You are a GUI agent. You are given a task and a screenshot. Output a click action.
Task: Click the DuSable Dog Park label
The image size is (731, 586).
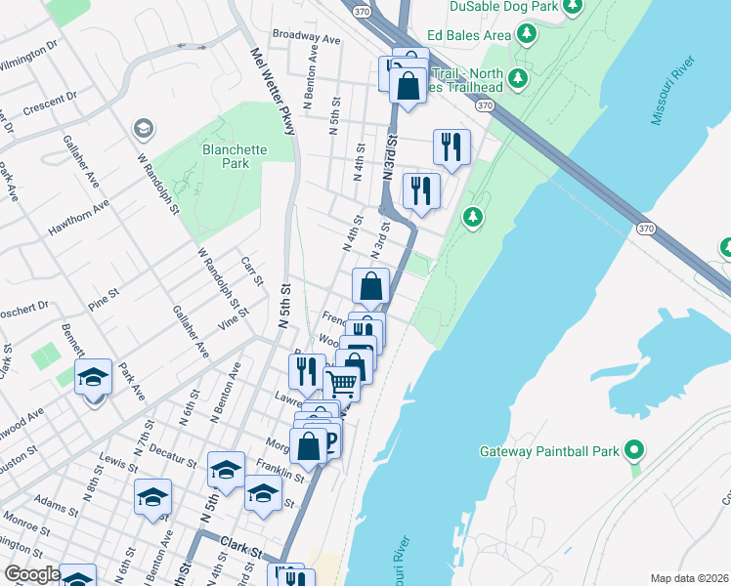[502, 7]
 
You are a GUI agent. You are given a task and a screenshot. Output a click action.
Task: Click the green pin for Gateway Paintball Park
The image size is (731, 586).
[634, 451]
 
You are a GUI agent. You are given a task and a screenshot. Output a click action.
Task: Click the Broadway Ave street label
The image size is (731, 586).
[306, 38]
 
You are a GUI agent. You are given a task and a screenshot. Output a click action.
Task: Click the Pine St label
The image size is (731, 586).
[101, 292]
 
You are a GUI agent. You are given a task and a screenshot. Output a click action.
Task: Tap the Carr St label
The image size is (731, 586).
[252, 272]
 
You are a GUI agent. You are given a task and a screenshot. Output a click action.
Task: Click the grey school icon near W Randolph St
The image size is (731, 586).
[144, 129]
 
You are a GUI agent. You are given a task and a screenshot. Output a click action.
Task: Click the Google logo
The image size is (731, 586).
[31, 574]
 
